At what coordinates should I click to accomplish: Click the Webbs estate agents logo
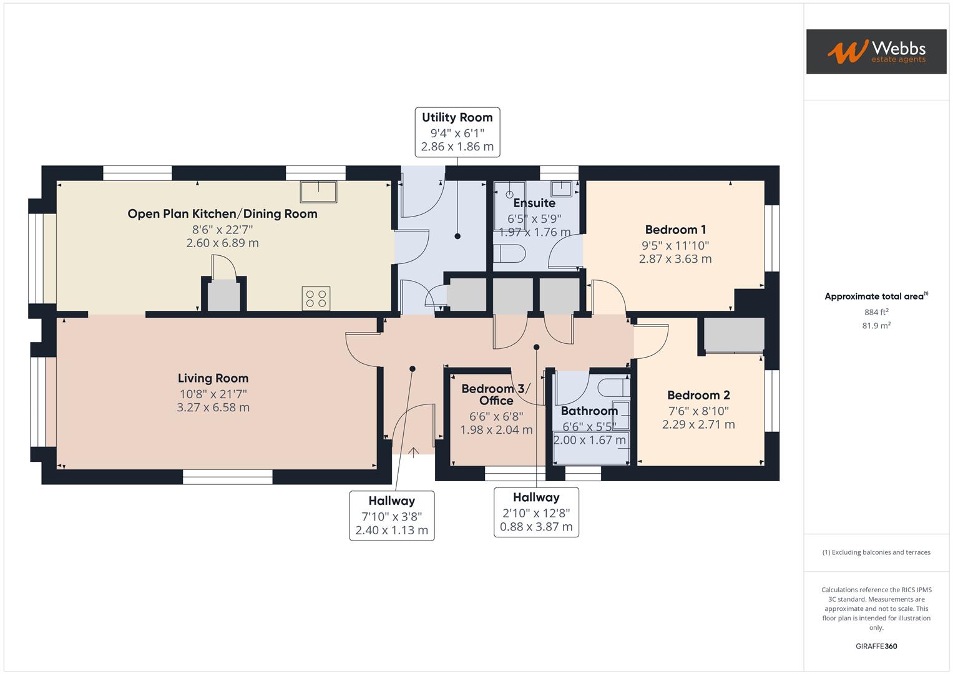click(x=876, y=51)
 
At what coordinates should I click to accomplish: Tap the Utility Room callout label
click(x=457, y=132)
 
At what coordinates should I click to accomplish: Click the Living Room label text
click(x=213, y=378)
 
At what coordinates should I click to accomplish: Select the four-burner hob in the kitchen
click(x=316, y=298)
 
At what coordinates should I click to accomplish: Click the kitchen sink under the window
click(x=318, y=191)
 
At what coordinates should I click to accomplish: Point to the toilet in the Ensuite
click(x=509, y=254)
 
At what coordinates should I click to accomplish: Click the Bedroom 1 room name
click(x=675, y=230)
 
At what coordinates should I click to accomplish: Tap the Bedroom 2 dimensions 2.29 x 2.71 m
click(x=698, y=424)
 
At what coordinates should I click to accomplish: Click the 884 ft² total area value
click(x=876, y=312)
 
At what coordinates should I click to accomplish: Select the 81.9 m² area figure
click(x=876, y=325)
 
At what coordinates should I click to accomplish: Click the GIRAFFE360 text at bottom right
click(x=876, y=646)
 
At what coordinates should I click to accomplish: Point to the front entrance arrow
click(x=413, y=452)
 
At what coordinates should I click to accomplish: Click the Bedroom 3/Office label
click(x=496, y=394)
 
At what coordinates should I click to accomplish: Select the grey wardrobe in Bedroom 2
click(x=734, y=335)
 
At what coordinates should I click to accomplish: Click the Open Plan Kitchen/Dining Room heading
click(x=222, y=214)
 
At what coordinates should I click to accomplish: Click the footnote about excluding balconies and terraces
click(x=876, y=552)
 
